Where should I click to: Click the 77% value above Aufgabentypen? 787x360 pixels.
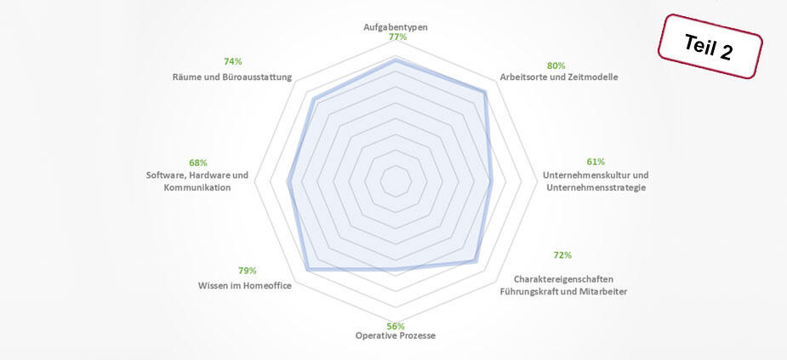click(x=396, y=37)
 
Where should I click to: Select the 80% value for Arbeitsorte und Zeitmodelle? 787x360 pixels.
click(x=556, y=66)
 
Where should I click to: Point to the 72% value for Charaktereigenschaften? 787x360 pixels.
click(x=562, y=255)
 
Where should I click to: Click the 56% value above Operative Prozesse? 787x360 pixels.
click(x=396, y=326)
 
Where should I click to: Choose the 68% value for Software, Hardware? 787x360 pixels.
click(x=197, y=163)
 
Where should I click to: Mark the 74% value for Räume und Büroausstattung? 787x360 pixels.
click(x=232, y=61)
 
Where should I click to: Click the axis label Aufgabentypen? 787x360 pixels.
click(x=396, y=27)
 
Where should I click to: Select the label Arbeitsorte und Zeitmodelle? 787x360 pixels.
click(x=558, y=77)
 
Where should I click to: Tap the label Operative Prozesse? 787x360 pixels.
click(x=396, y=336)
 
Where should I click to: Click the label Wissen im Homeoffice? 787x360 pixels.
click(x=244, y=286)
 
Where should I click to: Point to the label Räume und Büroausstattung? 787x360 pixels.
click(x=231, y=77)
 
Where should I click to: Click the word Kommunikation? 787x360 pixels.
click(x=197, y=187)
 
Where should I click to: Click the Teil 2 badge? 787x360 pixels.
click(x=709, y=47)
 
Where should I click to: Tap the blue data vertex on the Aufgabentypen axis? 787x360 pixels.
click(x=396, y=61)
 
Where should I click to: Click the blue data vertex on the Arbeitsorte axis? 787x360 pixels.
click(x=485, y=92)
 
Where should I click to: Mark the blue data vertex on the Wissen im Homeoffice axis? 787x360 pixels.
click(x=306, y=269)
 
